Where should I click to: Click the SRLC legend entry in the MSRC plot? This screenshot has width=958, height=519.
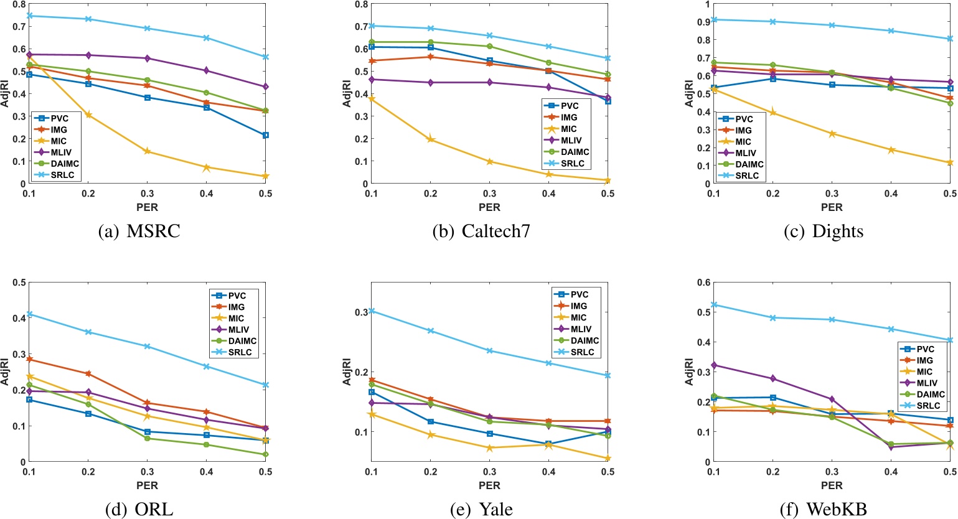pyautogui.click(x=62, y=175)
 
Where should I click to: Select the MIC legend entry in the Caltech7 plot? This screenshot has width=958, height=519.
pyautogui.click(x=568, y=129)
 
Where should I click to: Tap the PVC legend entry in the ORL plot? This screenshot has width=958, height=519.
pyautogui.click(x=237, y=296)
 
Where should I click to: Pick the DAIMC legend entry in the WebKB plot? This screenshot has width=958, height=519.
pyautogui.click(x=930, y=395)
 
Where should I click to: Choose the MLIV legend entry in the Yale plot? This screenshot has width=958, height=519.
pyautogui.click(x=580, y=329)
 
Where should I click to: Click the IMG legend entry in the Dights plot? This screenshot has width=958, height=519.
pyautogui.click(x=743, y=131)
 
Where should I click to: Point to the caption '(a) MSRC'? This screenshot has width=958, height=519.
pyautogui.click(x=139, y=231)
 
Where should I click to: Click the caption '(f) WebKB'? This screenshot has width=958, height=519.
pyautogui.click(x=823, y=510)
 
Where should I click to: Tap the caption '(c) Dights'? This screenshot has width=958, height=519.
pyautogui.click(x=824, y=231)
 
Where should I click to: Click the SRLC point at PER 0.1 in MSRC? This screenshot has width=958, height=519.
pyautogui.click(x=29, y=16)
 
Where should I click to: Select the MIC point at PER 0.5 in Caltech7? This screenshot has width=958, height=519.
pyautogui.click(x=608, y=180)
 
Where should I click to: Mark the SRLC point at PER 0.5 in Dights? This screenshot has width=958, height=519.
pyautogui.click(x=949, y=39)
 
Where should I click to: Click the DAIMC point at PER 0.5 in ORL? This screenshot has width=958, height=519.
pyautogui.click(x=266, y=454)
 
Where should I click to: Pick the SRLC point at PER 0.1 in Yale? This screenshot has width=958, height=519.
pyautogui.click(x=372, y=311)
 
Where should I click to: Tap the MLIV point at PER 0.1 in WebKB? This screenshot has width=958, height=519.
pyautogui.click(x=714, y=365)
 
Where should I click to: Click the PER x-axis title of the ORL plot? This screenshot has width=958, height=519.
pyautogui.click(x=147, y=485)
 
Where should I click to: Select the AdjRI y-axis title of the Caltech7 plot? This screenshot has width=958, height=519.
pyautogui.click(x=347, y=93)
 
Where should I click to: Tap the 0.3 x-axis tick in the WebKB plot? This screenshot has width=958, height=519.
pyautogui.click(x=832, y=472)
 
